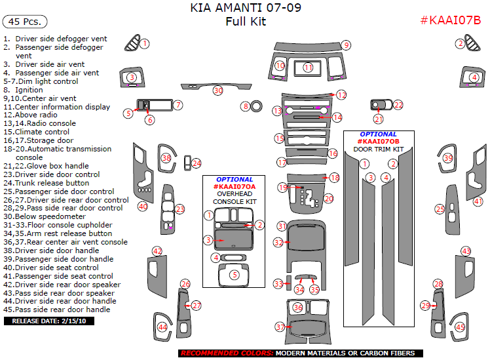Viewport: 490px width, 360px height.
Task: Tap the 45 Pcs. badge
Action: tap(25, 22)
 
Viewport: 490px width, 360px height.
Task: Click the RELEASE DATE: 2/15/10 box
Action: tap(50, 321)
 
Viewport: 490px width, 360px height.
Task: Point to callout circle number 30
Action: tap(217, 90)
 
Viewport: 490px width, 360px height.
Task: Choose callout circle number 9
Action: tap(345, 45)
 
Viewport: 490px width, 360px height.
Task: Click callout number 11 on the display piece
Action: tap(308, 68)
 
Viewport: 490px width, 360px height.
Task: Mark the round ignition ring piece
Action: tap(256, 106)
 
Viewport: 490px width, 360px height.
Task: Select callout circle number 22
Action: tap(397, 105)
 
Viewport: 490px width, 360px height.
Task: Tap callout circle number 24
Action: tap(196, 163)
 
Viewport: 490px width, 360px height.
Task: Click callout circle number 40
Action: tap(142, 207)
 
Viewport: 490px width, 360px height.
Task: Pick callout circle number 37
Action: tap(280, 327)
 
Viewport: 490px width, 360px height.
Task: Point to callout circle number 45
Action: tap(461, 327)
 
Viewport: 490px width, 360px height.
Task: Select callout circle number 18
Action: tap(334, 178)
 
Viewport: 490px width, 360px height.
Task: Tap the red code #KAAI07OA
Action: tap(234, 187)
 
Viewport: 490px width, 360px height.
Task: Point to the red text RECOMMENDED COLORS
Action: tap(226, 353)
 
